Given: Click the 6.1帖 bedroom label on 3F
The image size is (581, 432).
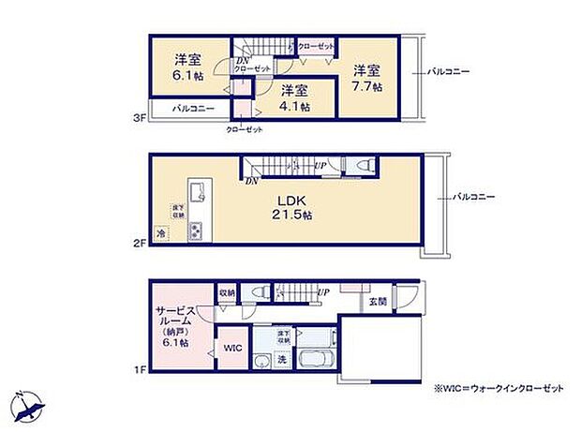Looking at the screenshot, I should [x=186, y=65].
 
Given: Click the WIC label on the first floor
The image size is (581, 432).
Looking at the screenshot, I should [x=232, y=348].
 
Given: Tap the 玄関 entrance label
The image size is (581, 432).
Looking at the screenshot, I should [x=377, y=302].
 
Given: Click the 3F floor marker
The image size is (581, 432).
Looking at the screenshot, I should [x=139, y=118].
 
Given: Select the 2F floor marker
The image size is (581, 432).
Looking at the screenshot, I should [x=139, y=244].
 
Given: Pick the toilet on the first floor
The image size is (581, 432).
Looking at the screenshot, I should [x=259, y=293].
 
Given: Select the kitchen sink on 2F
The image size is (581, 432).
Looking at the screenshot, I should [x=197, y=193].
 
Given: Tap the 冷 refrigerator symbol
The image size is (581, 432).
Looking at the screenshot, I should [x=160, y=231].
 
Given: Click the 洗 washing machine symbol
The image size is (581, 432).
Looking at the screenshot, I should [x=282, y=360].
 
